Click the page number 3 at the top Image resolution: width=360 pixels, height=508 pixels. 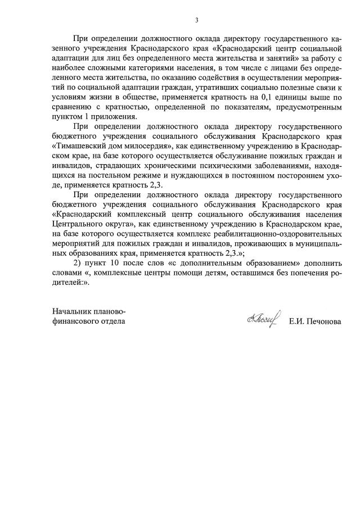197,21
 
